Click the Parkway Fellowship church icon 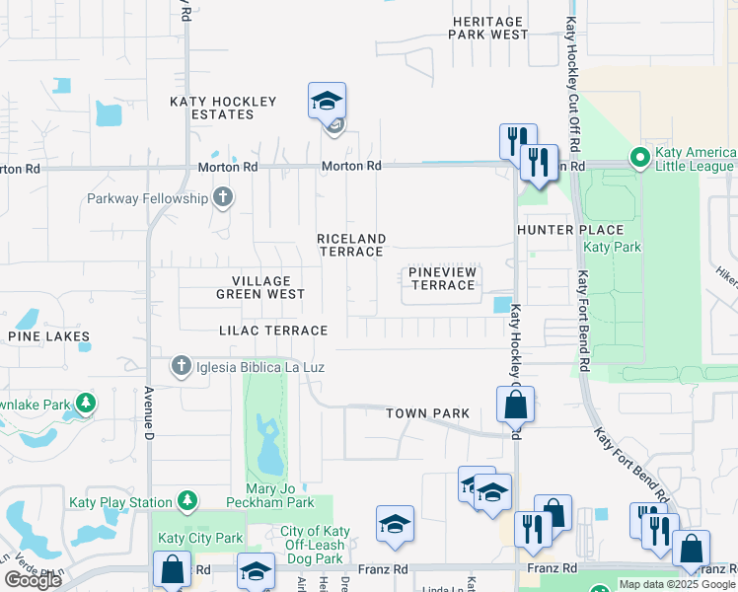point(223,197)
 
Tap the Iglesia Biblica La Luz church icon point(181,367)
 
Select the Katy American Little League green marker point(639,156)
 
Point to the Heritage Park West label point(488,28)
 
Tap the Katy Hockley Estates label point(224,108)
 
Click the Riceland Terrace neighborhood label point(350,245)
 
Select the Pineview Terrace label point(442,278)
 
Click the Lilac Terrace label point(273,331)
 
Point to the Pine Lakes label point(49,336)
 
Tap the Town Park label point(427,413)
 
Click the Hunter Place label point(558,229)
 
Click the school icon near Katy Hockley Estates point(327,101)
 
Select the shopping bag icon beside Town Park point(515,404)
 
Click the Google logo point(34,580)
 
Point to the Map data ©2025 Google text point(677,584)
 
